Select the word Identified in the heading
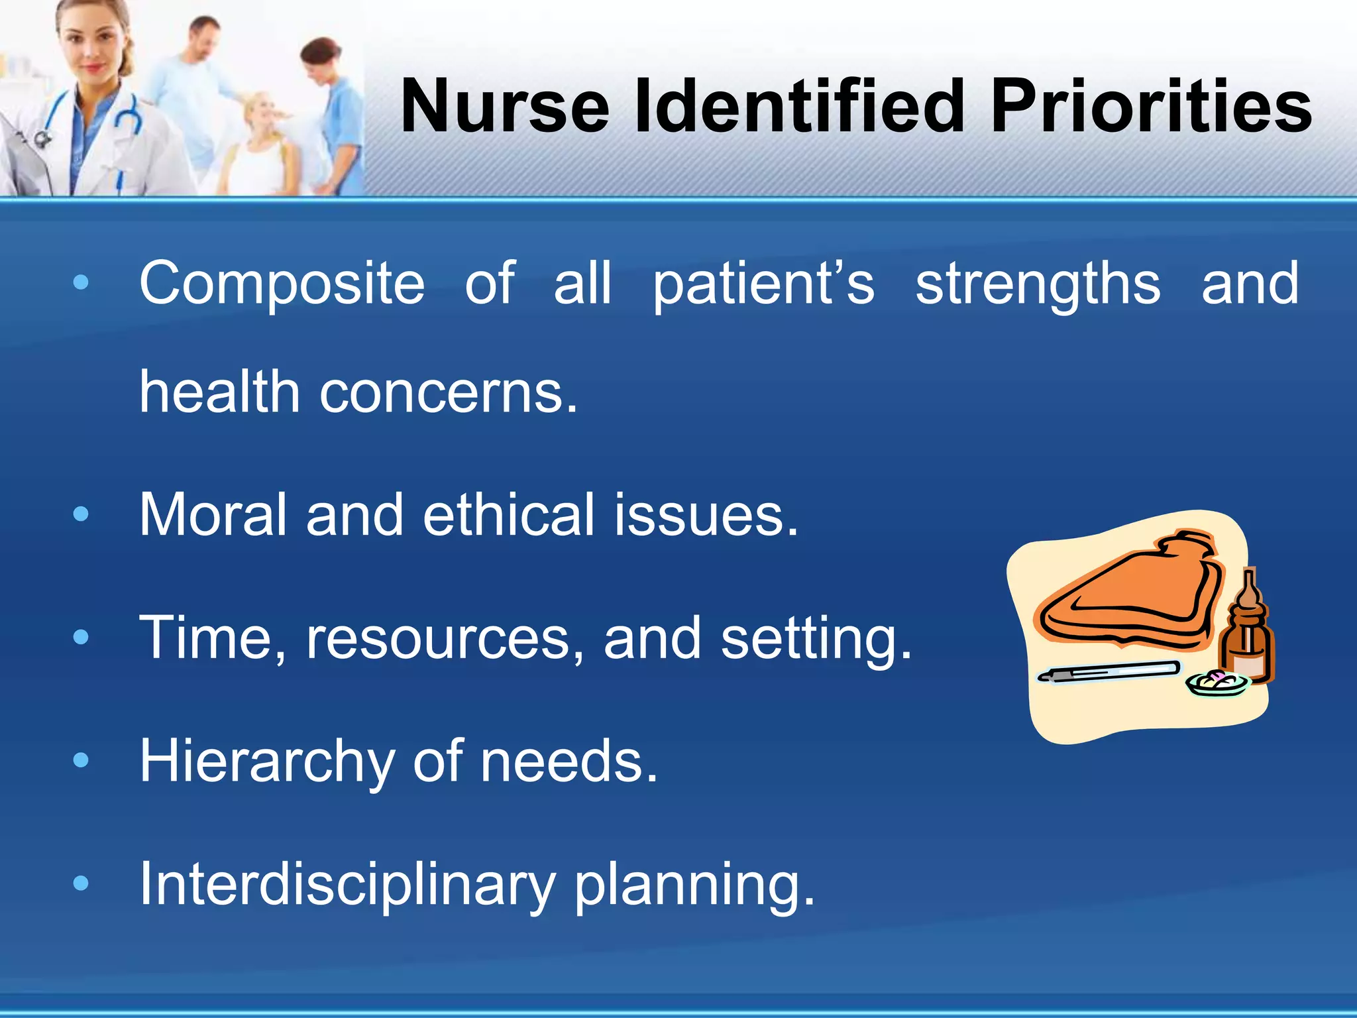(x=798, y=106)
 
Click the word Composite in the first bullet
(x=282, y=284)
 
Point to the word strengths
(x=1038, y=284)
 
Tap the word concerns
(x=449, y=392)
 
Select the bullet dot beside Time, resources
(x=81, y=638)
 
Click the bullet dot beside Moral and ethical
(x=81, y=514)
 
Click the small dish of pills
(x=1217, y=683)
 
